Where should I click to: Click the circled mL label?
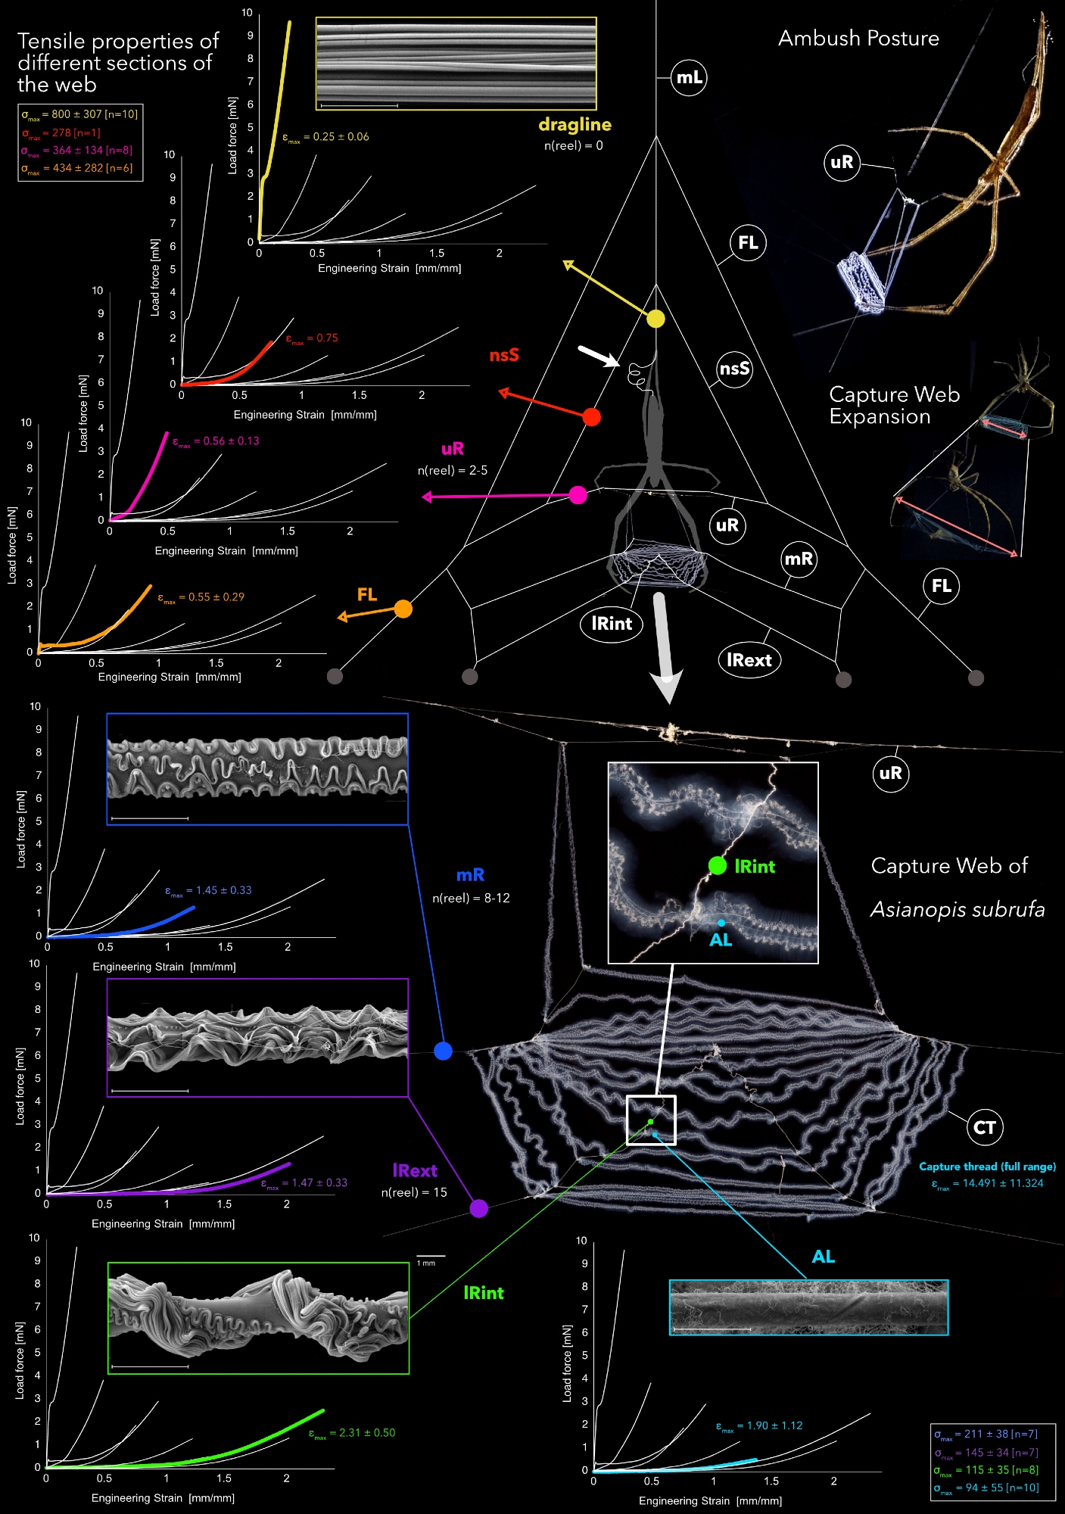689,77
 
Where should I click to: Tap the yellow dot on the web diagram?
656,319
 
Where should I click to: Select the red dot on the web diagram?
592,417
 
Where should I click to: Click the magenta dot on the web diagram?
578,495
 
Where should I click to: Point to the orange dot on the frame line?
403,609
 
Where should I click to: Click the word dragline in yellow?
575,125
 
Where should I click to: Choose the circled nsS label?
734,369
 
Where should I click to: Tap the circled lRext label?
749,660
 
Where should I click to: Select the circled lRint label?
612,624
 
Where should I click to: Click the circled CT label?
984,1128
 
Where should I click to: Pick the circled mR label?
799,559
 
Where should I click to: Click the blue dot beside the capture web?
443,1051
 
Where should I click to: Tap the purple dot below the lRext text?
478,1208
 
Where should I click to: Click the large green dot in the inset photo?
717,865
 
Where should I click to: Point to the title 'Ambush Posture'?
858,39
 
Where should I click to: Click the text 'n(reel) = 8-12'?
471,899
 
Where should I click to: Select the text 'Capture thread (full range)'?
987,1167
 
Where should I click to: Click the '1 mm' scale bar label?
426,1263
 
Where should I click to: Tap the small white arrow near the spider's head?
598,356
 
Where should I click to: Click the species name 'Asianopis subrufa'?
958,909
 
